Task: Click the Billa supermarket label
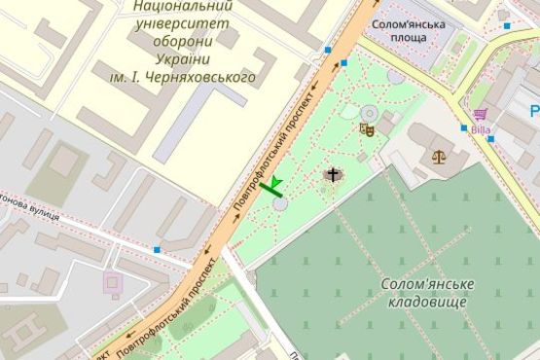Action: point(480,128)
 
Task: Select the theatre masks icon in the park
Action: point(367,127)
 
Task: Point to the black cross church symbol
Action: point(333,175)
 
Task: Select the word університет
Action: point(178,23)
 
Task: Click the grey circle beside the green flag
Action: point(280,204)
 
